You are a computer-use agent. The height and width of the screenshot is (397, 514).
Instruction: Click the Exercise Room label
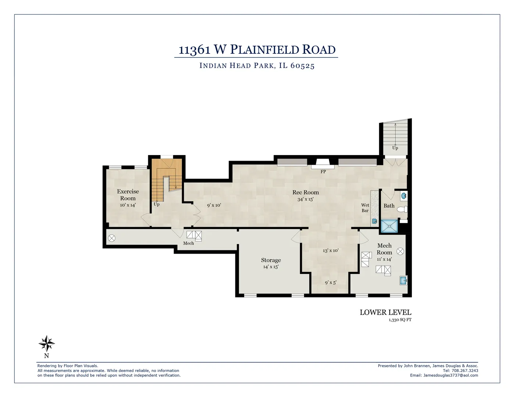pyautogui.click(x=128, y=194)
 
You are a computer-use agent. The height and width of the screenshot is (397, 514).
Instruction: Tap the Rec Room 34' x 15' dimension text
pyautogui.click(x=306, y=199)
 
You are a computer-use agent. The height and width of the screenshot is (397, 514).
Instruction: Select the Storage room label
pyautogui.click(x=271, y=260)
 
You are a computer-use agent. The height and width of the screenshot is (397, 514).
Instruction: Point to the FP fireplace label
pyautogui.click(x=323, y=172)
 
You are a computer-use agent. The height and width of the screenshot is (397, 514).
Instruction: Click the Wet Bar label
pyautogui.click(x=365, y=208)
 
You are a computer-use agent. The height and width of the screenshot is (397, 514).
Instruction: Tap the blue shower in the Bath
pyautogui.click(x=389, y=226)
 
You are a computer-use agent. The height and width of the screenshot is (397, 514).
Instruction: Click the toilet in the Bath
pyautogui.click(x=403, y=210)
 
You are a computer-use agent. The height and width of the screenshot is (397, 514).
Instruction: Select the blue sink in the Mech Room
pyautogui.click(x=404, y=281)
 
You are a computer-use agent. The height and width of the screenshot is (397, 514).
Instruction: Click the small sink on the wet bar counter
pyautogui.click(x=375, y=221)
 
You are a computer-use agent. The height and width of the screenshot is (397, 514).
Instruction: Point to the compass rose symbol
pyautogui.click(x=47, y=344)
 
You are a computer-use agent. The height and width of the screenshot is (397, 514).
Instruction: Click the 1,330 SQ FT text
pyautogui.click(x=400, y=320)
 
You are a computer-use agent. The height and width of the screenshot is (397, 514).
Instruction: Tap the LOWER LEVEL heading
pyautogui.click(x=385, y=312)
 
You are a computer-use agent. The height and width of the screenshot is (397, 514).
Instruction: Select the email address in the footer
pyautogui.click(x=451, y=375)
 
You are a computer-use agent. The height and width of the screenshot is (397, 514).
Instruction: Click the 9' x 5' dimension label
pyautogui.click(x=331, y=283)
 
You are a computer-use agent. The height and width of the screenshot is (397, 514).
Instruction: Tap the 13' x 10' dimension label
pyautogui.click(x=331, y=250)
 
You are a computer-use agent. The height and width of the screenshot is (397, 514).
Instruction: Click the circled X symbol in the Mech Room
pyautogui.click(x=401, y=251)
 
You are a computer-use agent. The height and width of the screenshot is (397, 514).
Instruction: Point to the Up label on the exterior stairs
pyautogui.click(x=395, y=148)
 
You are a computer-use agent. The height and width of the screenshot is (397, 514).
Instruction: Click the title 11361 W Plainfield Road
pyautogui.click(x=257, y=49)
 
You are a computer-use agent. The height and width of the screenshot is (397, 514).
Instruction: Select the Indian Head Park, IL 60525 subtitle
pyautogui.click(x=257, y=66)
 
